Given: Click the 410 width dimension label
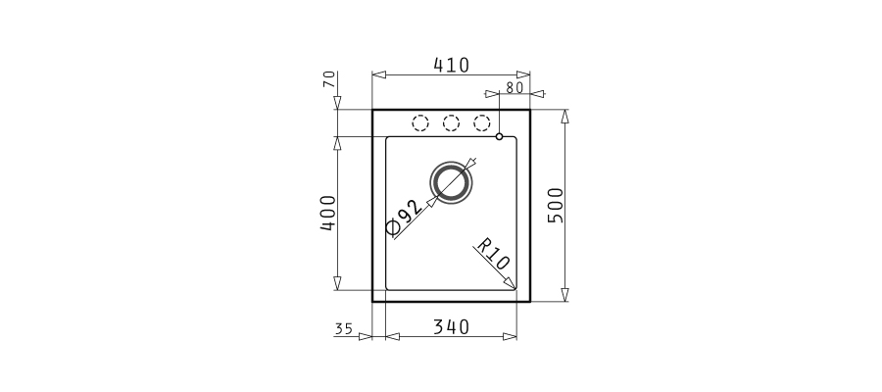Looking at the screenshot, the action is click(451, 66).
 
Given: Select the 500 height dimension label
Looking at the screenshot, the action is click(556, 205).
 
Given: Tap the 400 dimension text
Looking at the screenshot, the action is click(327, 214).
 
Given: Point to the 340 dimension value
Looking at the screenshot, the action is click(451, 326).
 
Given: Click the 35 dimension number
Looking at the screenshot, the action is click(343, 329).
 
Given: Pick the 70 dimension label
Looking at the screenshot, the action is click(329, 79).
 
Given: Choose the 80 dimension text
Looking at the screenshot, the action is click(514, 88).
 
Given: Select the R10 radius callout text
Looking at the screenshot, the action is click(493, 254).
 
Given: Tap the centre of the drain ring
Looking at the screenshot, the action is click(451, 182).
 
